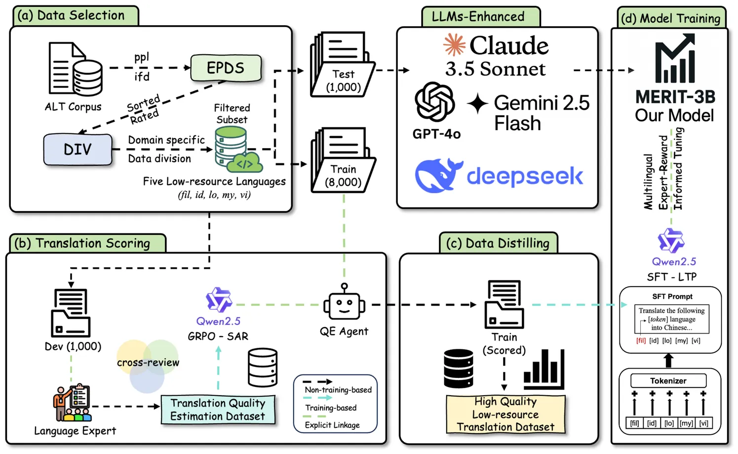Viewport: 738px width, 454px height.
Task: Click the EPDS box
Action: pyautogui.click(x=226, y=68)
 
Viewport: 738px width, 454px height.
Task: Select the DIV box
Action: pyautogui.click(x=78, y=149)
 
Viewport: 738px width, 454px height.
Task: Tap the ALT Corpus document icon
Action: pyautogui.click(x=75, y=69)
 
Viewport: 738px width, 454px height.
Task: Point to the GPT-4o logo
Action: pyautogui.click(x=434, y=102)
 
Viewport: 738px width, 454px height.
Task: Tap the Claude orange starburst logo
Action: pyautogui.click(x=454, y=45)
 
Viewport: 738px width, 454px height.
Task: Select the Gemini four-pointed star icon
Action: pyautogui.click(x=477, y=103)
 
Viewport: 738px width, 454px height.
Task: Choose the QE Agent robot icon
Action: pyautogui.click(x=344, y=303)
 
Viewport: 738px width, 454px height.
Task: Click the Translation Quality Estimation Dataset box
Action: pyautogui.click(x=218, y=410)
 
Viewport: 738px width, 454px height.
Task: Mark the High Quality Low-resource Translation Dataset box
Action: pyautogui.click(x=505, y=415)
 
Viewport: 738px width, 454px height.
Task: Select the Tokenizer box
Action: pyautogui.click(x=668, y=381)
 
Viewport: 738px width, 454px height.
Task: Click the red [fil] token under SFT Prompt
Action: pyautogui.click(x=641, y=340)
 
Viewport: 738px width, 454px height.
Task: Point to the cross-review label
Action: pyautogui.click(x=148, y=363)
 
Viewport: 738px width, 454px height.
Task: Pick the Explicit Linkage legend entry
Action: pyautogui.click(x=332, y=425)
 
